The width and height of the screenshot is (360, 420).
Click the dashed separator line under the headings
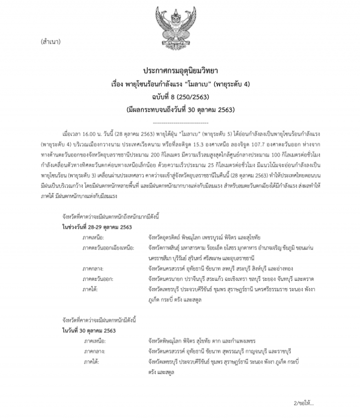[180, 123]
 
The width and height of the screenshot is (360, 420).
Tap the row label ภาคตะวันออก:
[98, 278]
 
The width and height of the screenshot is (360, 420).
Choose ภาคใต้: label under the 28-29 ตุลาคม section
[90, 289]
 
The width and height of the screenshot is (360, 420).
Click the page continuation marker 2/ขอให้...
[304, 403]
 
